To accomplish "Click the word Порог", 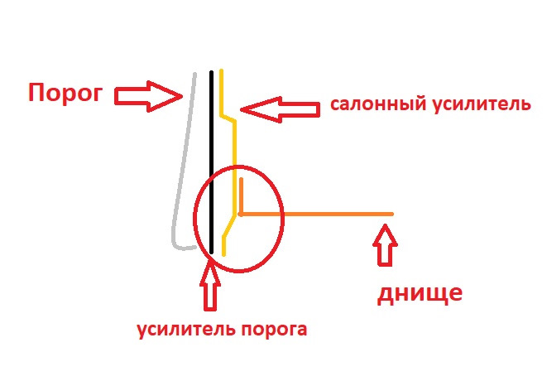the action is (65, 92).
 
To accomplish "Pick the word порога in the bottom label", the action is (275, 329).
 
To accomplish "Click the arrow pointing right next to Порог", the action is (147, 96).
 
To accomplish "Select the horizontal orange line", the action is (314, 215).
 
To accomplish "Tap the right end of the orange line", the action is (391, 215).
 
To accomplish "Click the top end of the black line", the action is (211, 73).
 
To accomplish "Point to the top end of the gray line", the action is (195, 75).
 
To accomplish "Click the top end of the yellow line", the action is (222, 73).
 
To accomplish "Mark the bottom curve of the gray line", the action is (177, 243).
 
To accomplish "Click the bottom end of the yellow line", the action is (223, 253).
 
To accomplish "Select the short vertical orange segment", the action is (240, 195).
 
